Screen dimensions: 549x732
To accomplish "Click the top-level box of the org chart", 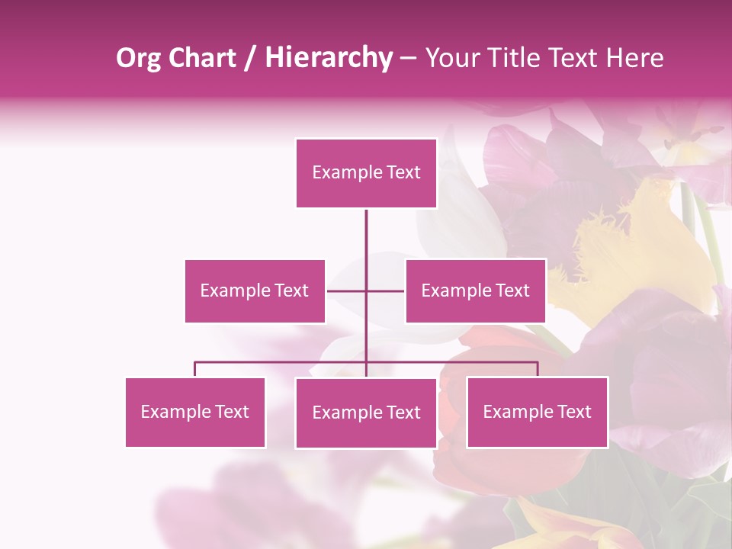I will [x=366, y=173].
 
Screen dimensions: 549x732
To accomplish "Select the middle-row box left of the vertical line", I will [x=255, y=291].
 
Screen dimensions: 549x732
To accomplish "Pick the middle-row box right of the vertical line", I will [x=475, y=291].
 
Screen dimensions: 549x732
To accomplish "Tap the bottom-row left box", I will [x=195, y=412].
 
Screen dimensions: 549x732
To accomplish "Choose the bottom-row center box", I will [x=366, y=413].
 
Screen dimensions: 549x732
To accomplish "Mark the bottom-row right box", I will [x=537, y=412].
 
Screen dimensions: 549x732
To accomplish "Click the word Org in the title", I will [x=139, y=58].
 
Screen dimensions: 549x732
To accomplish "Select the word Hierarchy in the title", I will [x=329, y=58].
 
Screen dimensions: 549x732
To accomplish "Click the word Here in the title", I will [x=634, y=58].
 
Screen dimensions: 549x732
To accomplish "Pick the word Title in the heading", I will [x=510, y=58].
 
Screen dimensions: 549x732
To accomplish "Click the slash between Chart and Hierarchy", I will [x=251, y=58].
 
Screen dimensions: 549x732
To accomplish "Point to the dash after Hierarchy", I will [x=408, y=59].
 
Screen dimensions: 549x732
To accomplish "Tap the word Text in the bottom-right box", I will [x=573, y=412].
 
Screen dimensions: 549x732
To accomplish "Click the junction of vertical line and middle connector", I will [x=366, y=291].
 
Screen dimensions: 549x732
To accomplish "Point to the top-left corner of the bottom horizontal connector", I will [x=195, y=363].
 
